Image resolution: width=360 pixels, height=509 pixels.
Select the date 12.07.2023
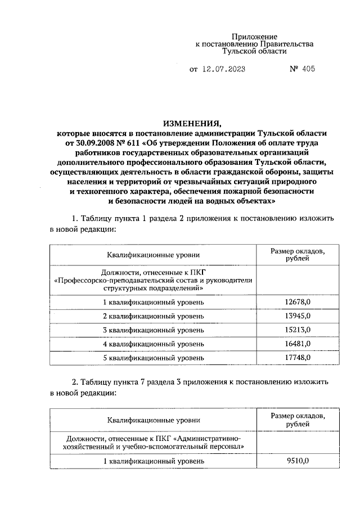coord(224,70)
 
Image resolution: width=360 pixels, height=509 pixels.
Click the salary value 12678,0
coord(297,303)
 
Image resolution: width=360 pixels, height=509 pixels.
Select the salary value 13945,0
coord(297,317)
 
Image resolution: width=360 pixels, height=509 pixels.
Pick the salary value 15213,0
coord(297,330)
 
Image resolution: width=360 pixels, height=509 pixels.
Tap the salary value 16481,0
coord(297,344)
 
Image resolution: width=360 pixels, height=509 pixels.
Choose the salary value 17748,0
coord(297,358)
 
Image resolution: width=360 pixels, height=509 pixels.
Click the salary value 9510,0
coord(297,461)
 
